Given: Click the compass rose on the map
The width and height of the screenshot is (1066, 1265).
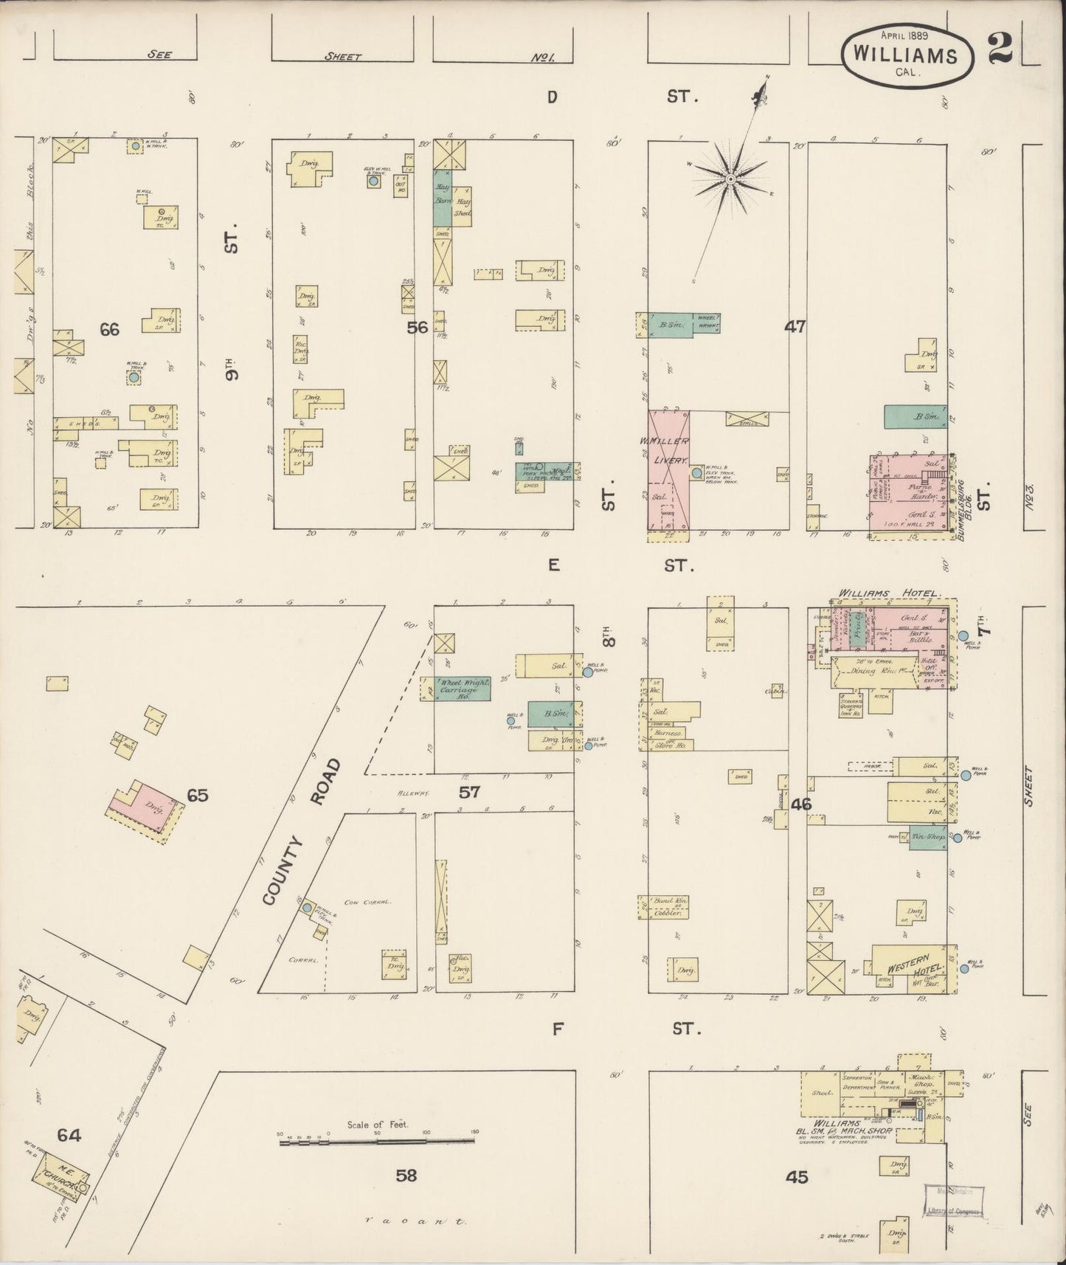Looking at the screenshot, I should click(x=730, y=179).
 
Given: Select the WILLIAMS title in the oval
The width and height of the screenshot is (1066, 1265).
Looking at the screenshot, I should click(x=905, y=55).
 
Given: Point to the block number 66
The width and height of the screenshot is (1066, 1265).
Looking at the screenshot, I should click(x=109, y=329).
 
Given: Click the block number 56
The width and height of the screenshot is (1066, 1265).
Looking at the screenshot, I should click(x=418, y=328).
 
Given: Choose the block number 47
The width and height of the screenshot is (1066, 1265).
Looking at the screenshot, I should click(x=795, y=326).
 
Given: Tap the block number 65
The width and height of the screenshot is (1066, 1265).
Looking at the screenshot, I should click(x=198, y=795).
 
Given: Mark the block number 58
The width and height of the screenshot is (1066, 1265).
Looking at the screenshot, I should click(x=406, y=1175).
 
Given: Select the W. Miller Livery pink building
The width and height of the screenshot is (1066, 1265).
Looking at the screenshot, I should click(x=668, y=468).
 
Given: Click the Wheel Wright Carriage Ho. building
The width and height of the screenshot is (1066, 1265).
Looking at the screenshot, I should click(x=462, y=688).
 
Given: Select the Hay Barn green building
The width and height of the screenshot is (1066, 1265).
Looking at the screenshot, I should click(x=443, y=199).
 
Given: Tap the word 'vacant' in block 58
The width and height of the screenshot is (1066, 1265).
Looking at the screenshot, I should click(x=414, y=1221).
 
